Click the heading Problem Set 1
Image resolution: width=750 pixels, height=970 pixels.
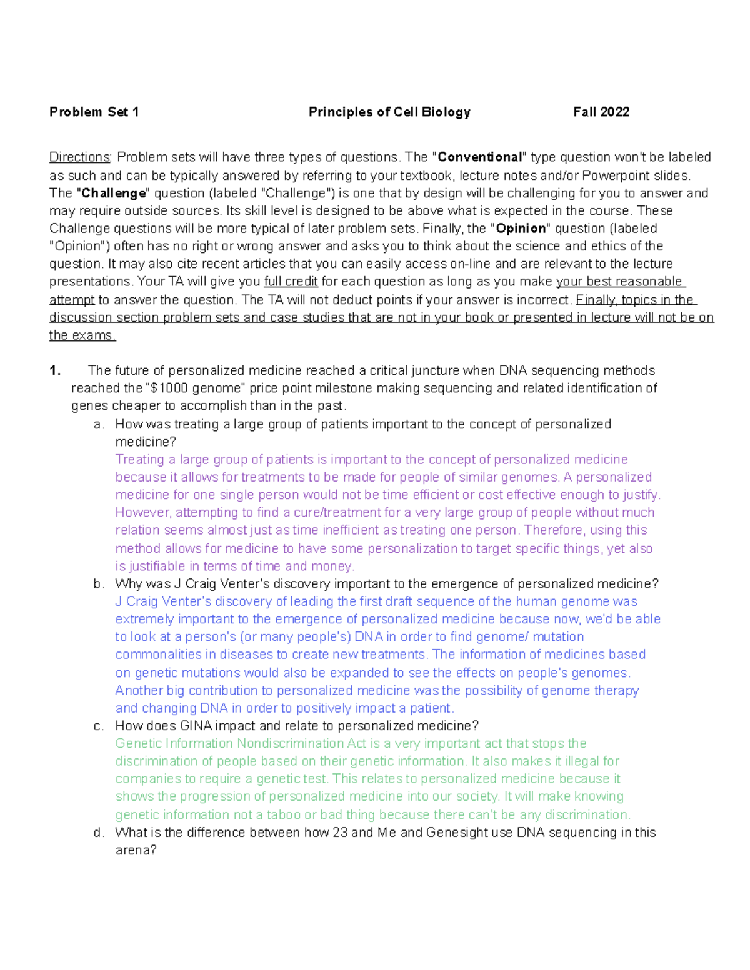pos(94,112)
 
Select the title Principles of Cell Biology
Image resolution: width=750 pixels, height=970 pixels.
pos(389,112)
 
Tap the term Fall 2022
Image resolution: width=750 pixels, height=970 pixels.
pos(601,112)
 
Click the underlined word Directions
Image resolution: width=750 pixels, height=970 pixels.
pos(79,157)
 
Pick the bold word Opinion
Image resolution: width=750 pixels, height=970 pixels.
pos(521,229)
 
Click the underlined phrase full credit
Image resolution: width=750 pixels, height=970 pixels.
pos(291,282)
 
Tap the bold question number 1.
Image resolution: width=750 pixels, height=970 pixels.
pos(55,371)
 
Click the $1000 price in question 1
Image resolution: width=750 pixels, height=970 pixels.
pos(169,388)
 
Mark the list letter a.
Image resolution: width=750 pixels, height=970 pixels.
pos(97,425)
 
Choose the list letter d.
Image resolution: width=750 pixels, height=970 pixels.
pos(97,833)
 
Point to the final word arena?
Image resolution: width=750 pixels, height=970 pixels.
pos(136,851)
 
